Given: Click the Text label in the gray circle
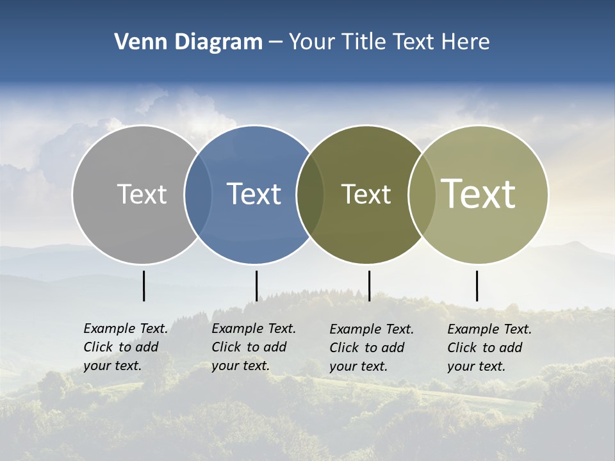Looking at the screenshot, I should click(142, 194).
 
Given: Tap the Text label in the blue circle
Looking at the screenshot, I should click(254, 194).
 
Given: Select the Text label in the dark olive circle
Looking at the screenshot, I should click(366, 194).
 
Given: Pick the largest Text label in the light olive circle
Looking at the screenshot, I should click(479, 194).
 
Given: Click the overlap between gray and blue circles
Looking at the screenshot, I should click(198, 195).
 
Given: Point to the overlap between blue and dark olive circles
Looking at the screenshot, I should click(310, 195).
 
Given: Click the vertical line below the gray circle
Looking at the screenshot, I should click(143, 286).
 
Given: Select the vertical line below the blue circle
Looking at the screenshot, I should click(256, 286).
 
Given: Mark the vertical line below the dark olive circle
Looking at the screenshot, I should click(369, 286).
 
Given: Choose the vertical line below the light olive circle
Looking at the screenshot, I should click(477, 286).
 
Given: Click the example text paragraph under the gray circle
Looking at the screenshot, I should click(125, 347).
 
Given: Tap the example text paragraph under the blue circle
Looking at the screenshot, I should click(253, 347).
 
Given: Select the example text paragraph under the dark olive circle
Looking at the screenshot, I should click(371, 348).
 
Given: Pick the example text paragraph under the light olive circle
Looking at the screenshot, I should click(489, 348).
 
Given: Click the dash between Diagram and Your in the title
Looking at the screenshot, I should click(275, 43).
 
